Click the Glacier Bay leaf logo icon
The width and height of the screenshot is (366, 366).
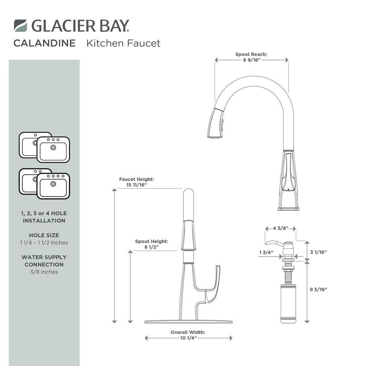click(20, 26)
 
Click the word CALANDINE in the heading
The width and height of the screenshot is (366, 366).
click(45, 43)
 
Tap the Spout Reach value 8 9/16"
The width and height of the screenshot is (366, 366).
click(252, 60)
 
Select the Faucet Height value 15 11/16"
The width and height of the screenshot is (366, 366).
click(137, 185)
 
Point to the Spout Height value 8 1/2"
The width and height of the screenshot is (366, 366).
click(152, 247)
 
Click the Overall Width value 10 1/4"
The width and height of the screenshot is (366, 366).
click(188, 338)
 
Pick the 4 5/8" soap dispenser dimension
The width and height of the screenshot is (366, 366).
click(281, 228)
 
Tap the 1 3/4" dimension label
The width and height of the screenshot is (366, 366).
click(266, 252)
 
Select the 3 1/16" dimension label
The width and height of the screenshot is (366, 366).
click(318, 252)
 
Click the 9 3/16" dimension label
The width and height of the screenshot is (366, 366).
click(318, 290)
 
